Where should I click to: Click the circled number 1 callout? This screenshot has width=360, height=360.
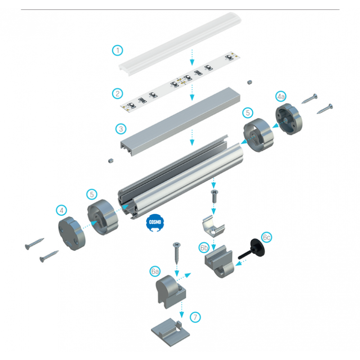pyautogui.click(x=117, y=50)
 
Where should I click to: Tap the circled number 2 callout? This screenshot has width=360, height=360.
pyautogui.click(x=117, y=94)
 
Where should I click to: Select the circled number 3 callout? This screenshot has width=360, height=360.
pyautogui.click(x=120, y=129)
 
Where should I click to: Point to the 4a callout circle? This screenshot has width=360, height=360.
pyautogui.click(x=281, y=97)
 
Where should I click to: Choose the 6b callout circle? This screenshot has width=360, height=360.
pyautogui.click(x=204, y=247)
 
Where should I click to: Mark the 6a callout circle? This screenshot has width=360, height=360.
pyautogui.click(x=155, y=271)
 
